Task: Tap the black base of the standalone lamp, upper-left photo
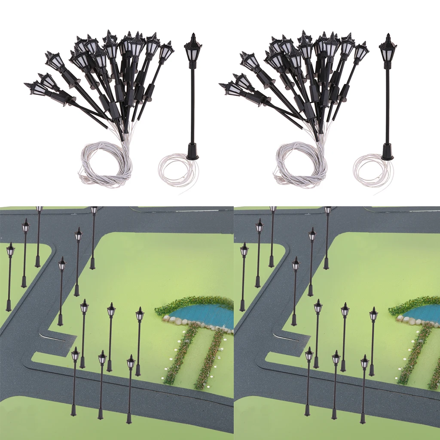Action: point(192,152)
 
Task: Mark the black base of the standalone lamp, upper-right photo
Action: point(387,152)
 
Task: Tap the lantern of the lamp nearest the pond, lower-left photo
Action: point(140,315)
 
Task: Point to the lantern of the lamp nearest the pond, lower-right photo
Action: point(373,315)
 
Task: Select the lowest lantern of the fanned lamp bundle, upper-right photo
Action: point(232,89)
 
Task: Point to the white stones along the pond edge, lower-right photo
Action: point(408,321)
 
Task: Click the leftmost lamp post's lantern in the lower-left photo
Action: point(10,250)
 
